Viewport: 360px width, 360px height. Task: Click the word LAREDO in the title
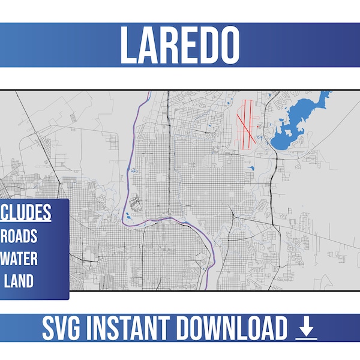180,45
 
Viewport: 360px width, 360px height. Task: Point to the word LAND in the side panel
20,281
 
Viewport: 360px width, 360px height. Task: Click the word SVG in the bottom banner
64,329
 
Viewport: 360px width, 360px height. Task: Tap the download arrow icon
307,328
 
